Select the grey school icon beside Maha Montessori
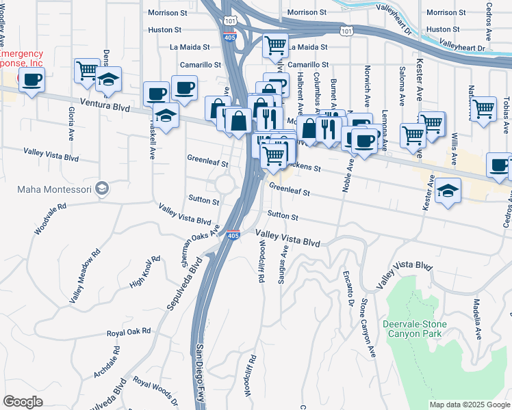point(102,188)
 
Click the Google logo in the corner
point(23,401)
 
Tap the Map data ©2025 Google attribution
point(469,405)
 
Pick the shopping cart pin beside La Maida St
point(275,46)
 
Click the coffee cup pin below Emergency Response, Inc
point(31,81)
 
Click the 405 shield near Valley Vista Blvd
point(233,236)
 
